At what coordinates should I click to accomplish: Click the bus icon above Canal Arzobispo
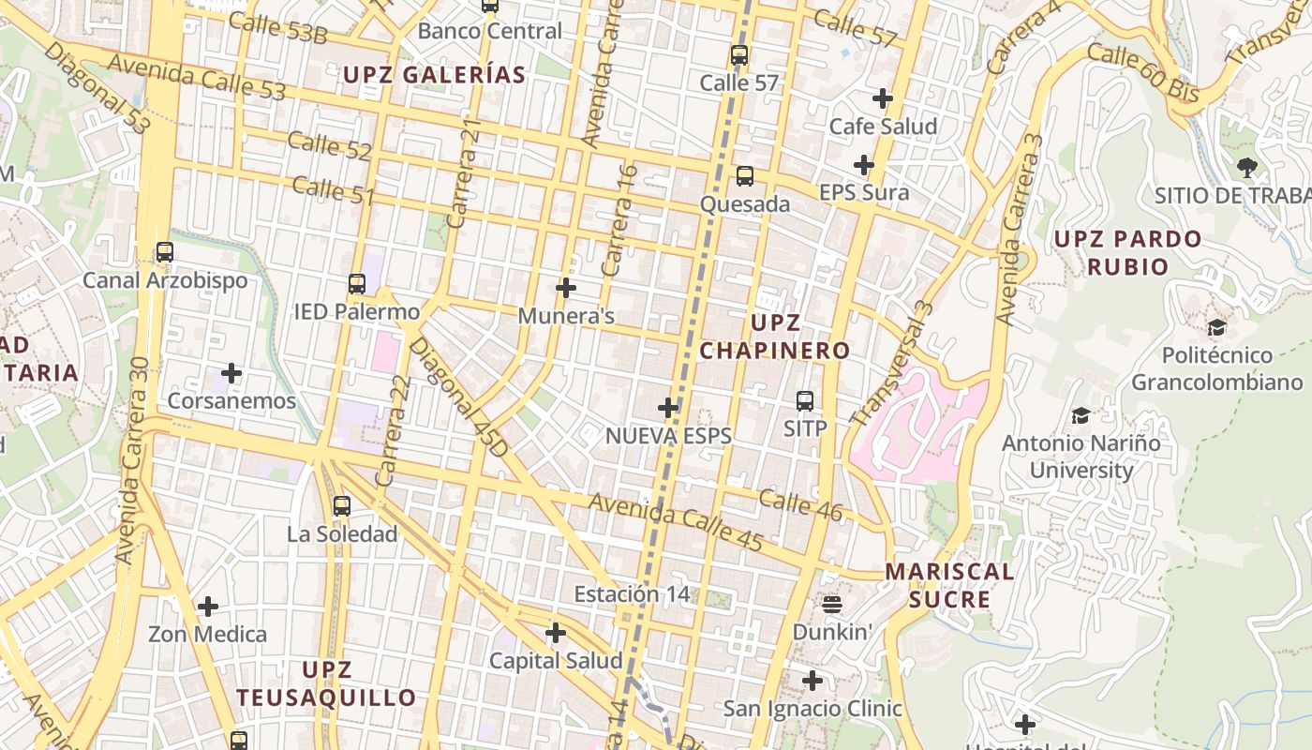[165, 252]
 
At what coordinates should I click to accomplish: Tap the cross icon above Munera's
[566, 288]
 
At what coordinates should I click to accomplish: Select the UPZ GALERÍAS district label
[434, 75]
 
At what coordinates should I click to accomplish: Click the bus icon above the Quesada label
[745, 175]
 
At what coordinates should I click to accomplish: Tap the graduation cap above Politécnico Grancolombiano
[1216, 327]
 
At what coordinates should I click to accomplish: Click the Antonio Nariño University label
[1081, 456]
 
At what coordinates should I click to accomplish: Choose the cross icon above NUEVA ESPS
[668, 408]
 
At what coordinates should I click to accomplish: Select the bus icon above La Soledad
[342, 506]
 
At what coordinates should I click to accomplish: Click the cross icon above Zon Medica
[208, 607]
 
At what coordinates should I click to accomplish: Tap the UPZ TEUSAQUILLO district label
[326, 683]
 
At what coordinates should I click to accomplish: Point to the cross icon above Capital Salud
[556, 633]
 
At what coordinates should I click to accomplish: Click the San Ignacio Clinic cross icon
[813, 681]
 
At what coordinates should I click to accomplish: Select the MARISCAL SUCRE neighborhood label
[950, 585]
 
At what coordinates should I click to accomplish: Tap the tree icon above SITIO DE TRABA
[1246, 168]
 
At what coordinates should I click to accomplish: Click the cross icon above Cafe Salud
[883, 98]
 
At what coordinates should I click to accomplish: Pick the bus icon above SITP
[805, 401]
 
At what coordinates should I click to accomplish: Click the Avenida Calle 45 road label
[675, 522]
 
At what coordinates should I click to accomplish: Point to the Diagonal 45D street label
[459, 397]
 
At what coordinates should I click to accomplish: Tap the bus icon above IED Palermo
[357, 283]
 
